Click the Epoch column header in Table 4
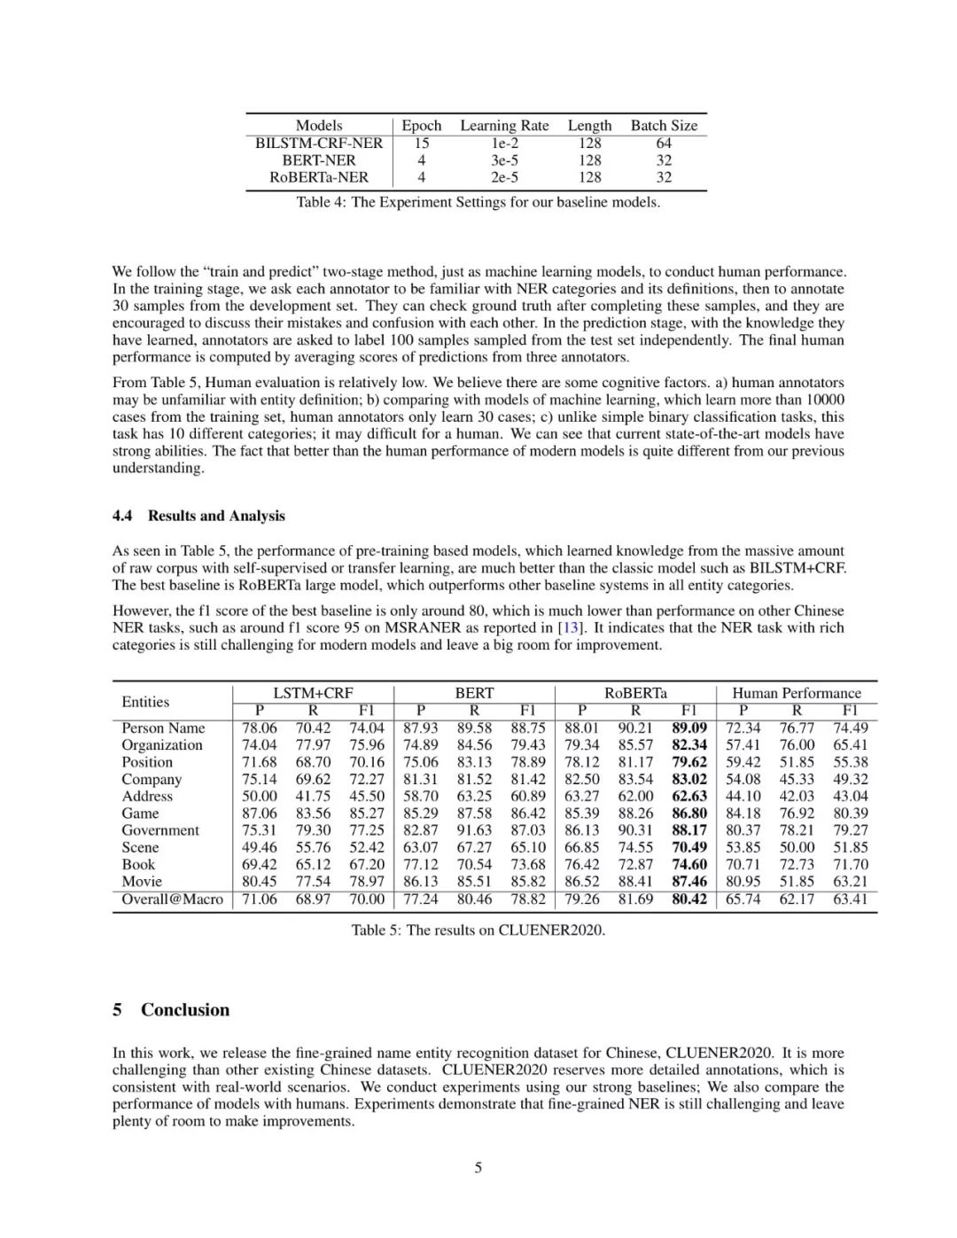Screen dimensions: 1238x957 (x=421, y=126)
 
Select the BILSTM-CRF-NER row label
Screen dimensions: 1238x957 (x=319, y=143)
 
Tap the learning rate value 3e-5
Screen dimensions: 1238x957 (x=504, y=160)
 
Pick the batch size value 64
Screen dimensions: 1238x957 (x=664, y=143)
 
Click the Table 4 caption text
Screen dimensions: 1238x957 (x=478, y=202)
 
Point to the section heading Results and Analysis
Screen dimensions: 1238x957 (x=216, y=516)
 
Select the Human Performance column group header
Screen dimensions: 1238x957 (x=796, y=693)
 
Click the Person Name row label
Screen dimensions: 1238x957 (x=163, y=728)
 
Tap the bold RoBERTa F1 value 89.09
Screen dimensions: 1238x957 (x=689, y=728)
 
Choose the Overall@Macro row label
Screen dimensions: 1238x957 (x=172, y=899)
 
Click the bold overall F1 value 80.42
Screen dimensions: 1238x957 (x=689, y=899)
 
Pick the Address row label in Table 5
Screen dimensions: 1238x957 (x=147, y=796)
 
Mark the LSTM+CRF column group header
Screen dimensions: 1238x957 (x=313, y=693)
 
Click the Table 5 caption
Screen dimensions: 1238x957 (x=478, y=930)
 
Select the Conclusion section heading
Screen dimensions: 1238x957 (x=184, y=1010)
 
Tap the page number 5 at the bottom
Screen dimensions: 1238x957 (x=478, y=1168)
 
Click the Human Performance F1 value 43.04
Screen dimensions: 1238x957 (x=850, y=796)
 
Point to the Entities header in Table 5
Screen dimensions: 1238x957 (x=145, y=702)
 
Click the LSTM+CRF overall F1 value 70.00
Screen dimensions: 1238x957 (x=366, y=899)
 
